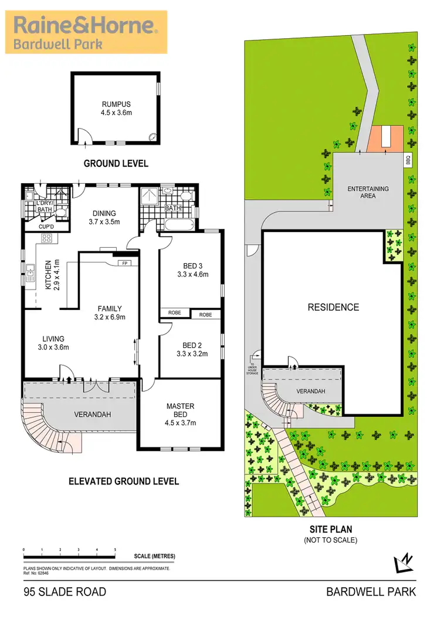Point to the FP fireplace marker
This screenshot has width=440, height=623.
point(124,263)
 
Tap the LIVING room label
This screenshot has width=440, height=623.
point(53,342)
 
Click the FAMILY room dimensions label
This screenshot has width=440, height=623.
point(110,317)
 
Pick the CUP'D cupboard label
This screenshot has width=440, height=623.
point(46,227)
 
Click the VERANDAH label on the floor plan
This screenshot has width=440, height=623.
point(93,414)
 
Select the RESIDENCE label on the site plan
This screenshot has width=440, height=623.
point(333,307)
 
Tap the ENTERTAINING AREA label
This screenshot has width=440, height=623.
point(368,192)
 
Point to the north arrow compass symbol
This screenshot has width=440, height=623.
point(404,564)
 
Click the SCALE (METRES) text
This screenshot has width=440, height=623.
point(154,556)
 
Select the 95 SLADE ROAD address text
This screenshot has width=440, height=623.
point(65,592)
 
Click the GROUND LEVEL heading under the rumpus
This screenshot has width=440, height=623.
point(116,163)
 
